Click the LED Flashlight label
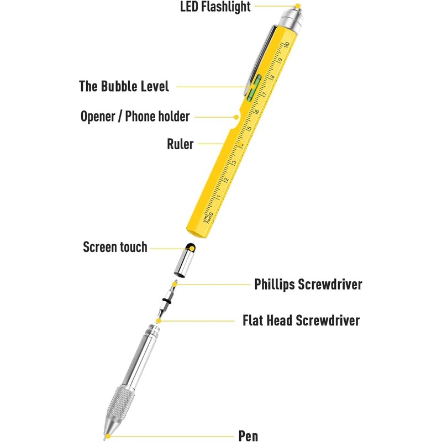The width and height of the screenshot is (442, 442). [x=215, y=7]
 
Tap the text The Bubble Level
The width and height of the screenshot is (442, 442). [x=124, y=87]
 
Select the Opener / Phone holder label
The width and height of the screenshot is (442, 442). [x=135, y=117]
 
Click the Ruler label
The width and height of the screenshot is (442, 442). [x=180, y=145]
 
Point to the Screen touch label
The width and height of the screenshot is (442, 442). [x=115, y=246]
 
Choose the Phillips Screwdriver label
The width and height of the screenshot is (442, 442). [x=308, y=285]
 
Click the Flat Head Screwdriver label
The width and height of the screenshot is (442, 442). [x=301, y=320]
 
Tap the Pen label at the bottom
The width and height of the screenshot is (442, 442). [x=248, y=436]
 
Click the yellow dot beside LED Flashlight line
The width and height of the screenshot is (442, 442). [x=297, y=7]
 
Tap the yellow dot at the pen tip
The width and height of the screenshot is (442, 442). [x=109, y=436]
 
